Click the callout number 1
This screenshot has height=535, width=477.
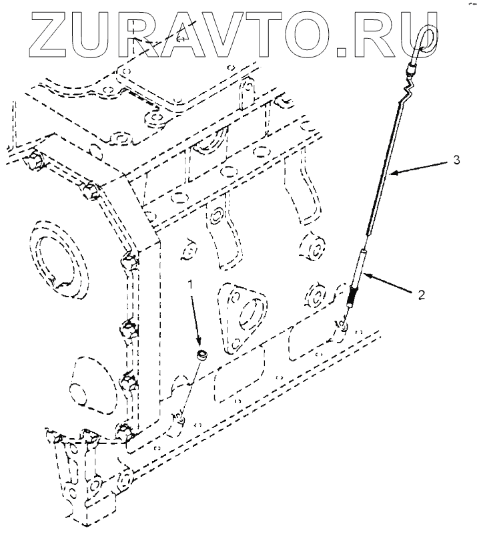[191, 285]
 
